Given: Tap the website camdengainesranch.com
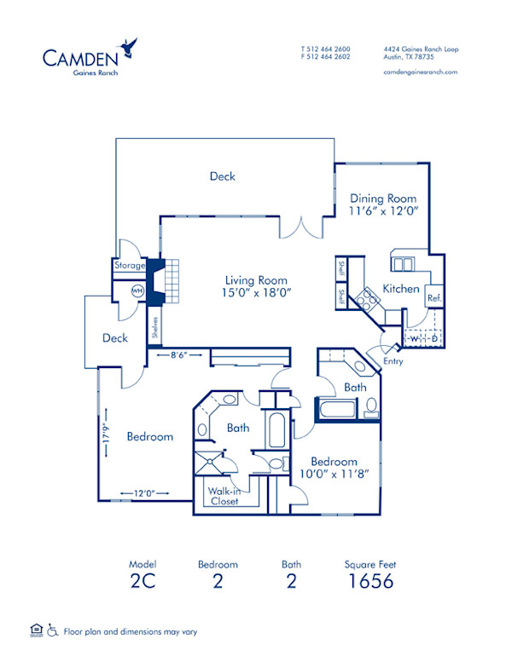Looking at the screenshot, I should pyautogui.click(x=421, y=72).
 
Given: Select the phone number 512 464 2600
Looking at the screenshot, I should pyautogui.click(x=329, y=49).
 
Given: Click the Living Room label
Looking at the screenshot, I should pyautogui.click(x=256, y=280).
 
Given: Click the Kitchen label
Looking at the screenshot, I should pyautogui.click(x=400, y=288).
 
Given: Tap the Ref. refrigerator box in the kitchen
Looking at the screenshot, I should pyautogui.click(x=433, y=298).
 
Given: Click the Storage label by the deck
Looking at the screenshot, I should pyautogui.click(x=130, y=266).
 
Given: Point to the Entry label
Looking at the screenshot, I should pyautogui.click(x=393, y=361).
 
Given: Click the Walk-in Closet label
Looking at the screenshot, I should pyautogui.click(x=224, y=495).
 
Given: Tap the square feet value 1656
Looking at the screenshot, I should pyautogui.click(x=369, y=582).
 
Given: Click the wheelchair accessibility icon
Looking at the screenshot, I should pyautogui.click(x=53, y=631).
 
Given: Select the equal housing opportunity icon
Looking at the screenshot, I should pyautogui.click(x=35, y=630).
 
